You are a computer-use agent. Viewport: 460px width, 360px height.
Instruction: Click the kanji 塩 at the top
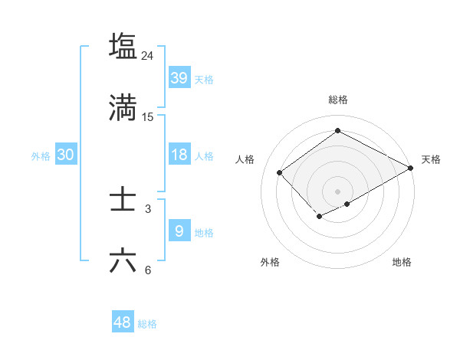pyautogui.click(x=123, y=46)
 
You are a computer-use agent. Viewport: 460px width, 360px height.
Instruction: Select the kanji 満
pyautogui.click(x=123, y=109)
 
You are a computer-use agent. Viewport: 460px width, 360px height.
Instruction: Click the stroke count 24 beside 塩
pyautogui.click(x=148, y=55)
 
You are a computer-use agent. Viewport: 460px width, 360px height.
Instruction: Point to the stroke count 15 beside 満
pyautogui.click(x=148, y=117)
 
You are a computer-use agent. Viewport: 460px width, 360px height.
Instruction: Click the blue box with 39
pyautogui.click(x=179, y=78)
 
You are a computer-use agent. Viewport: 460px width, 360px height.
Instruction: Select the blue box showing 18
pyautogui.click(x=179, y=155)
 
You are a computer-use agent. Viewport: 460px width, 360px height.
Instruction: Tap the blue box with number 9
pyautogui.click(x=179, y=231)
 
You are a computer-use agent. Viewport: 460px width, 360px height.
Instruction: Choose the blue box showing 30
pyautogui.click(x=66, y=155)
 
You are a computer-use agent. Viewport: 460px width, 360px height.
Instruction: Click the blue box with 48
pyautogui.click(x=123, y=322)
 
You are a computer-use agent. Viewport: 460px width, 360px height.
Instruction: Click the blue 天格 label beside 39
pyautogui.click(x=204, y=80)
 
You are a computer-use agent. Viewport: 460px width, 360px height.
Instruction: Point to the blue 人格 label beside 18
pyautogui.click(x=204, y=156)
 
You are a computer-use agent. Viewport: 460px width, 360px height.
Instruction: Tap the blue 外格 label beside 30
pyautogui.click(x=41, y=156)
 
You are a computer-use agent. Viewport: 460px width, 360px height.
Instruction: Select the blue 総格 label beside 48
pyautogui.click(x=147, y=324)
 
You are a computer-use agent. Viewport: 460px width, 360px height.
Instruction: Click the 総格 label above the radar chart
pyautogui.click(x=338, y=100)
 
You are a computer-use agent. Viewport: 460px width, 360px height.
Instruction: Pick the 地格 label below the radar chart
pyautogui.click(x=402, y=263)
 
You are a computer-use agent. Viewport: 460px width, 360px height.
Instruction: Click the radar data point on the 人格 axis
pyautogui.click(x=280, y=172)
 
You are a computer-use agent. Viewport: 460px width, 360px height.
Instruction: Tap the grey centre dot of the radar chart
pyautogui.click(x=338, y=191)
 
